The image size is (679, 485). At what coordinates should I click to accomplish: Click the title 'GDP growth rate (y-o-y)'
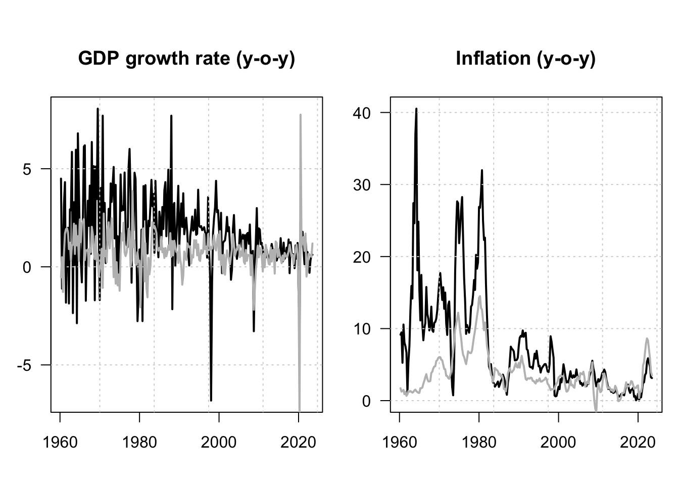point(186,59)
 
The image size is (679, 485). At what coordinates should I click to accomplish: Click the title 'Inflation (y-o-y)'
point(525,59)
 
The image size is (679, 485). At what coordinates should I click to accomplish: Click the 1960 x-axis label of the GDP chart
point(60,442)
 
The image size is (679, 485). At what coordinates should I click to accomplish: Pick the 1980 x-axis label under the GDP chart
point(139,442)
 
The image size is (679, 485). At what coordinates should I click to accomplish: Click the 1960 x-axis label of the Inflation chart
point(400,442)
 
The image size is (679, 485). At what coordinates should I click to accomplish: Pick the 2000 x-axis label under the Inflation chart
point(558,442)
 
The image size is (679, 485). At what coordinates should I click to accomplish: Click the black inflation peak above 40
point(416,109)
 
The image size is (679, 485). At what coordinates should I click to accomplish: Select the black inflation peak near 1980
point(482,170)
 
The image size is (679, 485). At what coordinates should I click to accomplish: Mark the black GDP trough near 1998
point(211,400)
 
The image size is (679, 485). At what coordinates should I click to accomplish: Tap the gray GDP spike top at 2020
point(301,115)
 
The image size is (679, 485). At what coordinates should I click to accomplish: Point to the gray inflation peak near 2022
point(647,339)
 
